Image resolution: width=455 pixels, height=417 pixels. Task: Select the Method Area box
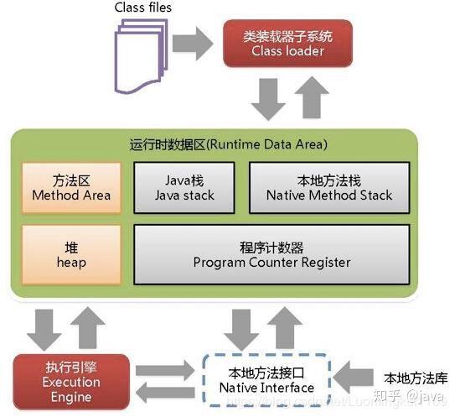71,187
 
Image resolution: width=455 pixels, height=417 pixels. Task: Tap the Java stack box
187,187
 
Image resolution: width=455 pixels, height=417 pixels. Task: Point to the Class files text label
143,8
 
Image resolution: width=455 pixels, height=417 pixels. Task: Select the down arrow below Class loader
266,100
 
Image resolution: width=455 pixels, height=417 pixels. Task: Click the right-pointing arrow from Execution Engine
168,370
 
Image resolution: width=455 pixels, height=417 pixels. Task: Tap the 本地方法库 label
410,377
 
